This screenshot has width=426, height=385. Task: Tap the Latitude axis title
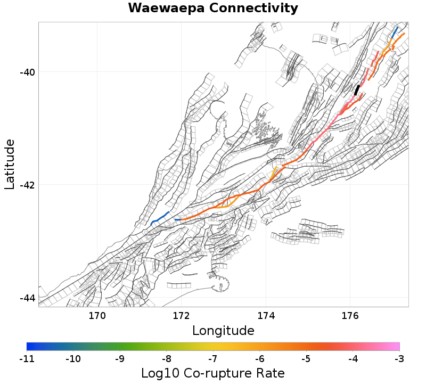tap(9, 164)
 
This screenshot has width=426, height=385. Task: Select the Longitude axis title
tap(223, 331)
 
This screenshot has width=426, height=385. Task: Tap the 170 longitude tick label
tap(97, 315)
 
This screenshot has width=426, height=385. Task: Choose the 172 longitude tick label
tap(182, 315)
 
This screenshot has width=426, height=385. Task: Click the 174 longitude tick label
tap(266, 315)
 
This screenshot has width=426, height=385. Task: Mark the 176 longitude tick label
tap(350, 315)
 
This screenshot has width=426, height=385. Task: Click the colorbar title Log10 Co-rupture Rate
tap(213, 373)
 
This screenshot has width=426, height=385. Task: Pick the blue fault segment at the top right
tap(395, 32)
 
